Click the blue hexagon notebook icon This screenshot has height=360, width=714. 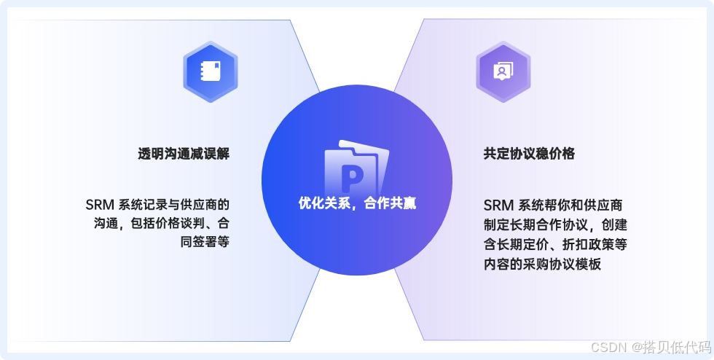coord(211,71)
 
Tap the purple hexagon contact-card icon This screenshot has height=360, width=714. coord(503,71)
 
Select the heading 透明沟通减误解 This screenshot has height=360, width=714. coord(184,154)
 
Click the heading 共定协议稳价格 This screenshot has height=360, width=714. coord(529,154)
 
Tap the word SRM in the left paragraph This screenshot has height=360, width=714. coord(99,205)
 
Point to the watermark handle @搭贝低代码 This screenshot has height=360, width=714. coord(671,345)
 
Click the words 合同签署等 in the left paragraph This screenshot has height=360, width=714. coord(205,241)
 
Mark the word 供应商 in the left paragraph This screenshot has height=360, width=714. coord(199,205)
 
